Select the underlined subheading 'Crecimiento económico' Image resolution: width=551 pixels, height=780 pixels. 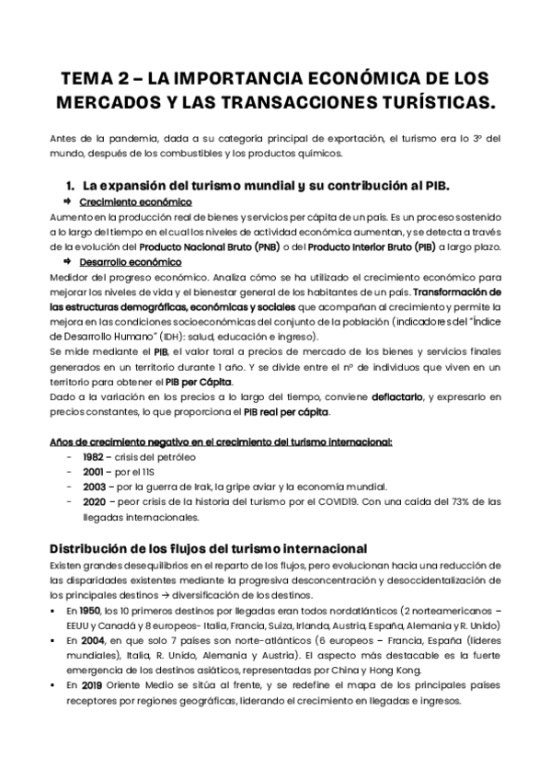[x=135, y=201]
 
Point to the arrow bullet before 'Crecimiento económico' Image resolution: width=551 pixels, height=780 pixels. [x=67, y=201]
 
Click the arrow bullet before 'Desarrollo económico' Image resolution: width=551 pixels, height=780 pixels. [x=67, y=262]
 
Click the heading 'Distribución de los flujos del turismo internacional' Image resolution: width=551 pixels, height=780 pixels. [x=209, y=550]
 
